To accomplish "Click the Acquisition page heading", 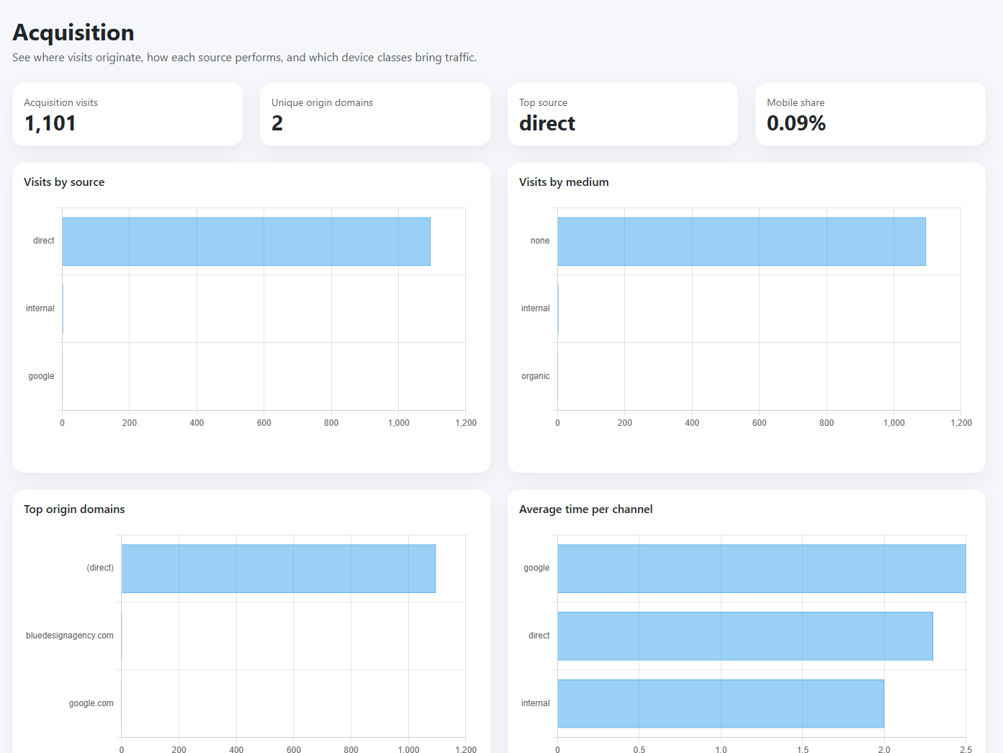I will (x=73, y=32).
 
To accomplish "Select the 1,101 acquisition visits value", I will (x=50, y=123).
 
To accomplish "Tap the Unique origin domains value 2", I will (x=277, y=123).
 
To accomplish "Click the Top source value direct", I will (x=547, y=123).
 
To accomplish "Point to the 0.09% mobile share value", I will (x=796, y=123).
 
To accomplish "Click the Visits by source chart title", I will (x=64, y=182).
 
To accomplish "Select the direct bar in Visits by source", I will (x=246, y=241).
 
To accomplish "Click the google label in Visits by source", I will (x=41, y=376).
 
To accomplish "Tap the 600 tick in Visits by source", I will (x=264, y=423).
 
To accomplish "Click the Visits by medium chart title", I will (x=564, y=182).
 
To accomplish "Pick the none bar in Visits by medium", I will (x=741, y=241).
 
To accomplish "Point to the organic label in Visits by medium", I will (x=535, y=376).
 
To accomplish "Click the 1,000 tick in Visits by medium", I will (x=894, y=423).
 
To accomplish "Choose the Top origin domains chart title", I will (x=74, y=509).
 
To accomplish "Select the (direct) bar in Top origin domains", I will (x=279, y=569).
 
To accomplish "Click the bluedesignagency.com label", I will (x=70, y=636).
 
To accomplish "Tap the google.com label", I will (x=91, y=703).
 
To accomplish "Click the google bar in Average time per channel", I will (x=761, y=569).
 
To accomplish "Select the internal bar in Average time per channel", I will (x=720, y=703).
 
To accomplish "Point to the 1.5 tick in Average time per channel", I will (x=803, y=749).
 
